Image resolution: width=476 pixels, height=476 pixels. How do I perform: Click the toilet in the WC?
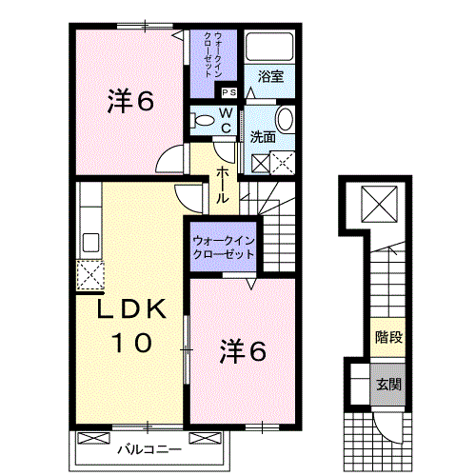(202, 121)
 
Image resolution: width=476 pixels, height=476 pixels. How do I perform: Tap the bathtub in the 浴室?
(269, 47)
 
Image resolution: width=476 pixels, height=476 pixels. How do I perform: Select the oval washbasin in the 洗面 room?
(285, 119)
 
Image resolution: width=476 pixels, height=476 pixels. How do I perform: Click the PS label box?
(229, 92)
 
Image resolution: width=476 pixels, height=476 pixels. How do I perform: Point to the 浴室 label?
(270, 76)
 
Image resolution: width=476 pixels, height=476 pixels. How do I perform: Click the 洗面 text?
(263, 137)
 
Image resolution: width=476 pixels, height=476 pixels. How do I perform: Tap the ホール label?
(222, 185)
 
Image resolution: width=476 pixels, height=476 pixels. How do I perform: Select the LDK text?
(131, 308)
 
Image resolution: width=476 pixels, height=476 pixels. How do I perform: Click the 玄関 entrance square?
(388, 385)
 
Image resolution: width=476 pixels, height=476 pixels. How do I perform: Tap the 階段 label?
(388, 337)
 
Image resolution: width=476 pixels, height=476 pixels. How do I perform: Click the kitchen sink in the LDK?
(91, 243)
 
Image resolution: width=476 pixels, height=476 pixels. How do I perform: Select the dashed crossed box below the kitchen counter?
(90, 275)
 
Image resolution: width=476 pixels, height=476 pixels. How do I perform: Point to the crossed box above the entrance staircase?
(379, 204)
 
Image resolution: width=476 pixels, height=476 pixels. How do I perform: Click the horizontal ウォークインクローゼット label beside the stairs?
(224, 248)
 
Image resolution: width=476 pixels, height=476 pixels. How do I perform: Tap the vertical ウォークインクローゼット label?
(213, 54)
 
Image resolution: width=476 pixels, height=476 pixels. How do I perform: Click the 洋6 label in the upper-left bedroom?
(130, 101)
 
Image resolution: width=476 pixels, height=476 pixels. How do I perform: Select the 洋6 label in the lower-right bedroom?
(243, 351)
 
